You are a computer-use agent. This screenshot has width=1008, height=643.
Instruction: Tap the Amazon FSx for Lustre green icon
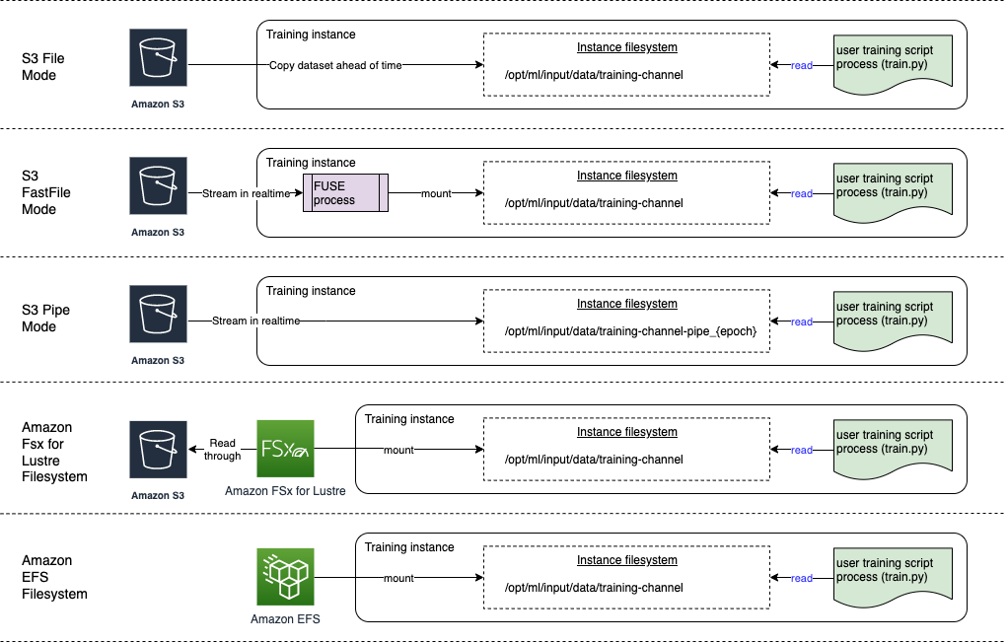(x=285, y=449)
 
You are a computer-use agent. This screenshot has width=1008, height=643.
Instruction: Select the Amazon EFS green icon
(x=285, y=577)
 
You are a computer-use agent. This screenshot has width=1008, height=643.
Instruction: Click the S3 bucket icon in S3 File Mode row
(x=158, y=58)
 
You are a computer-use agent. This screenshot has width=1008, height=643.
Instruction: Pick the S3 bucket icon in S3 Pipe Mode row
(x=158, y=315)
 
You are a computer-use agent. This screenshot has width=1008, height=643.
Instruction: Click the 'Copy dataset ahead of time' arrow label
(x=335, y=65)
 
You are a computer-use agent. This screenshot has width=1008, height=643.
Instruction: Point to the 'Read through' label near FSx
(x=223, y=450)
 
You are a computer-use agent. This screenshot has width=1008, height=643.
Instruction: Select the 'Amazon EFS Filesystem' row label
(x=54, y=577)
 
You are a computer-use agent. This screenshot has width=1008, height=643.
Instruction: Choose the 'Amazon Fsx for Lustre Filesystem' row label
(x=54, y=452)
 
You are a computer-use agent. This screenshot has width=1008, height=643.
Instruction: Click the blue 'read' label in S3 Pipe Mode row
(x=802, y=321)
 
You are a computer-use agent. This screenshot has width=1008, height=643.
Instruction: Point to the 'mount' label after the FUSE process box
(x=436, y=193)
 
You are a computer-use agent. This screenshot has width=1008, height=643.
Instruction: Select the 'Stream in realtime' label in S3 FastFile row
(x=245, y=193)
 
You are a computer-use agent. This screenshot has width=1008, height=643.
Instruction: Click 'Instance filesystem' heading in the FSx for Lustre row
(x=626, y=432)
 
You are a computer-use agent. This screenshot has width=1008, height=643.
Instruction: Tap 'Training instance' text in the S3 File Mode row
(x=311, y=35)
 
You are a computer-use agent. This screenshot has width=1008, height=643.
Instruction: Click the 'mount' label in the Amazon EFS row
(x=398, y=578)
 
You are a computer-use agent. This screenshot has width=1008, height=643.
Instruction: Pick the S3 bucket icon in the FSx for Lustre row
(x=158, y=449)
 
